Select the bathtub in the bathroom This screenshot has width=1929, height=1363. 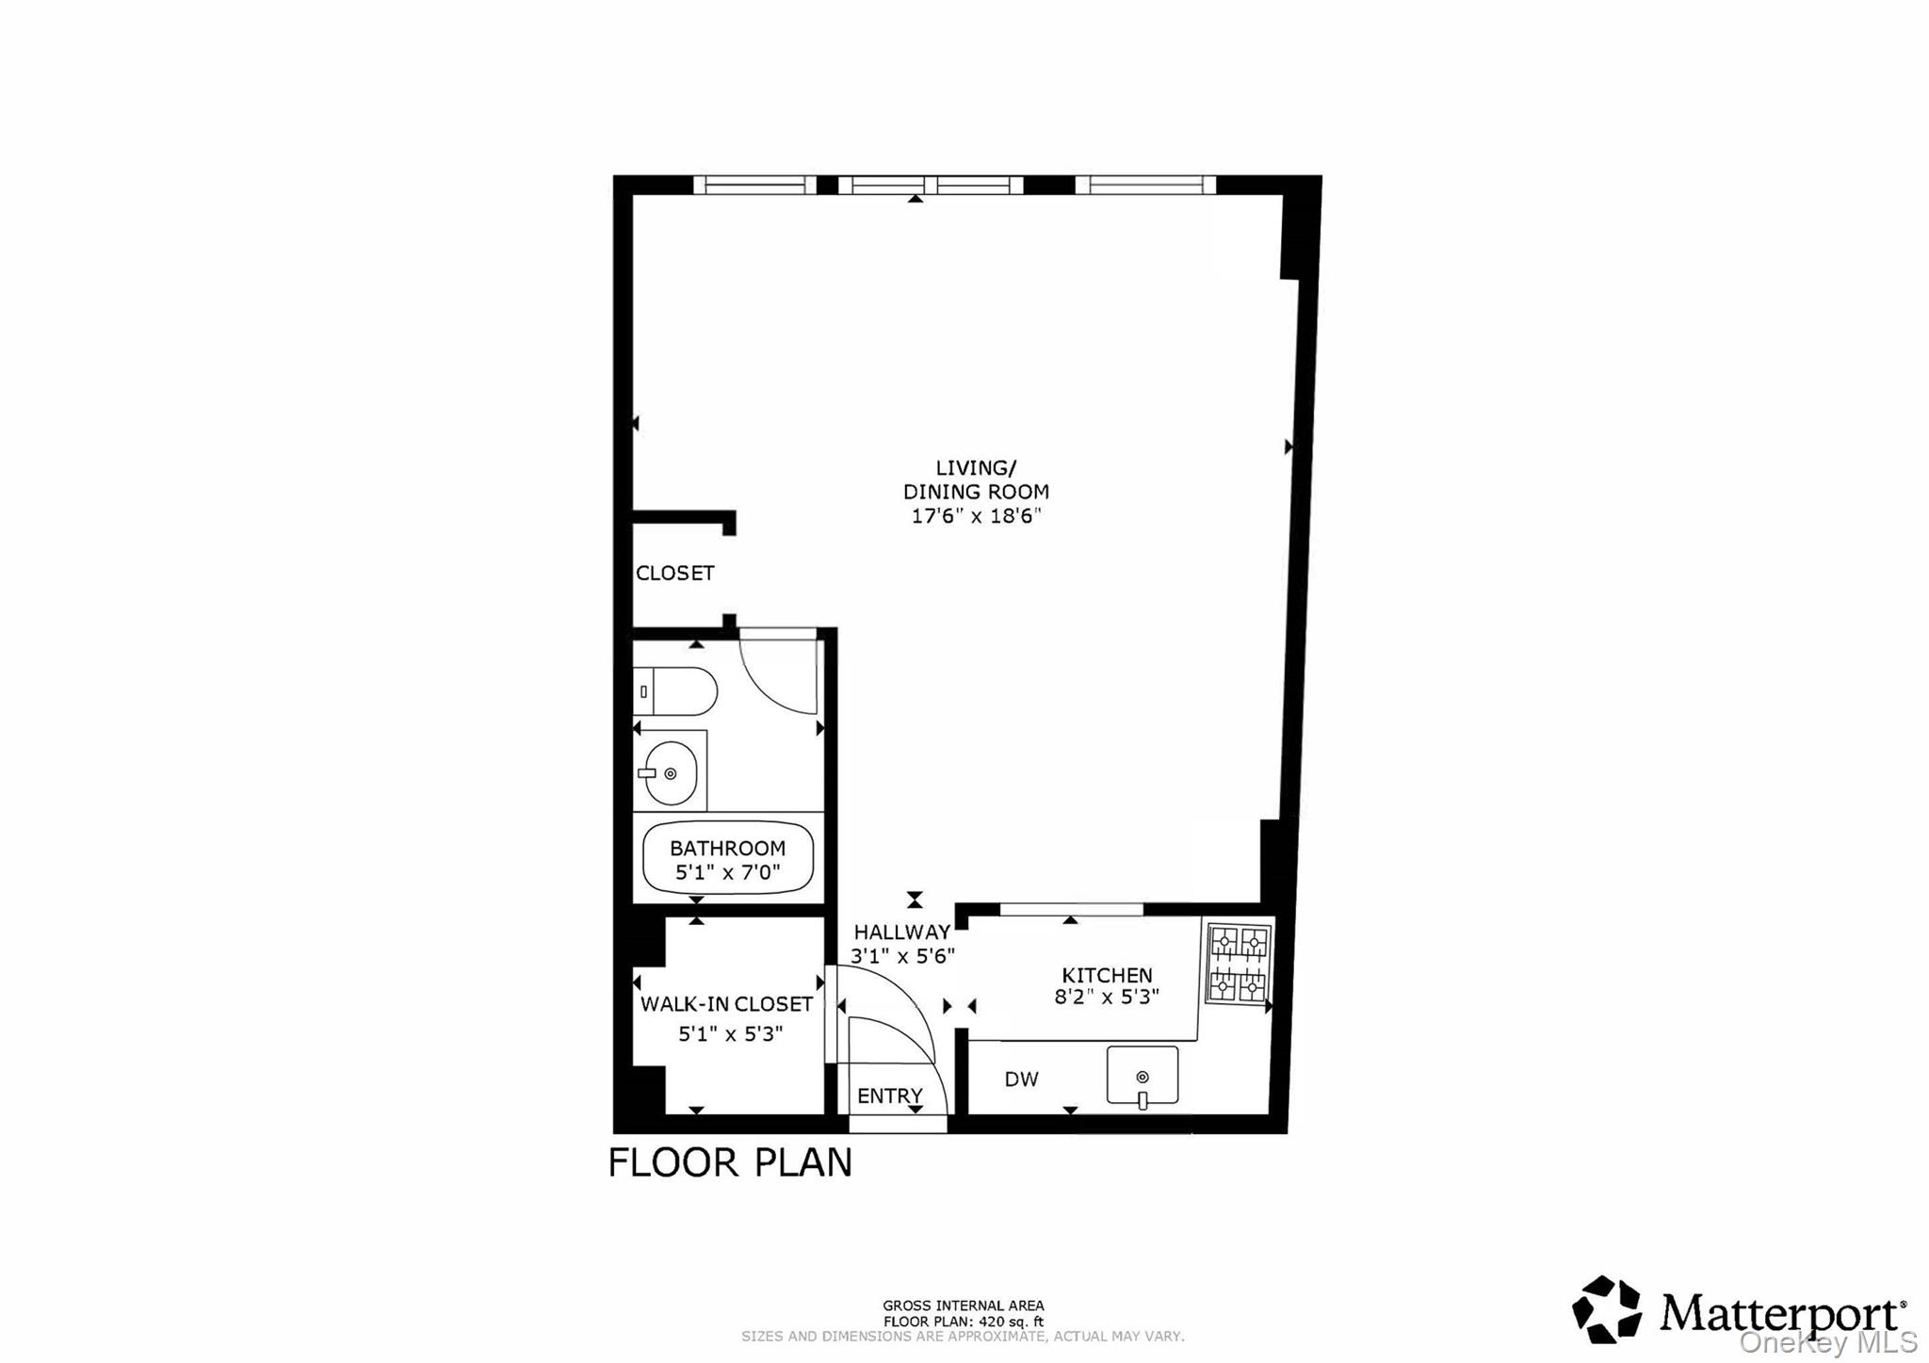pos(727,859)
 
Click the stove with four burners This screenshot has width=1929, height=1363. pos(1239,964)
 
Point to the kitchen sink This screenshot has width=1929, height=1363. pos(1142,1075)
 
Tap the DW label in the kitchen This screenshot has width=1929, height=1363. pos(1021,1079)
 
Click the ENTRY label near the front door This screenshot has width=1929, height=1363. pos(889,1095)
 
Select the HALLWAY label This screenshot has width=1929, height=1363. pos(901,932)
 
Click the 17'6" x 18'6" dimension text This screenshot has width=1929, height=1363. pos(976,516)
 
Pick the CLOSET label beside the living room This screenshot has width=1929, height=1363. pos(674,573)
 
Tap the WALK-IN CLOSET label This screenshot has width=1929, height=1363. pos(726,1004)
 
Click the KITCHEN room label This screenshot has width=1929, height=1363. pos(1107,975)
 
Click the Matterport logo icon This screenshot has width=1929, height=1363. pos(1607,1309)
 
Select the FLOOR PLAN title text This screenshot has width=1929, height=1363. pos(730,1163)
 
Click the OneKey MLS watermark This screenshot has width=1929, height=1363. pos(1827,1342)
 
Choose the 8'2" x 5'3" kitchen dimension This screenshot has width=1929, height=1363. pos(1107,997)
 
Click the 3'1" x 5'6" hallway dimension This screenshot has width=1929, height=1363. pos(902,955)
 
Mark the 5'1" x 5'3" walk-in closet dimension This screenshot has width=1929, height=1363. pos(730,1034)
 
